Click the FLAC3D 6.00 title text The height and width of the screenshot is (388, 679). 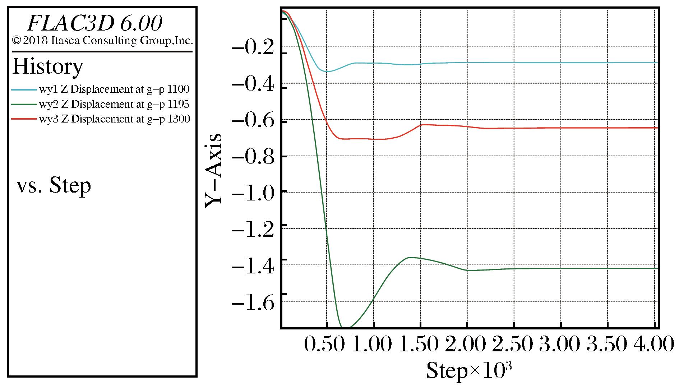click(x=95, y=24)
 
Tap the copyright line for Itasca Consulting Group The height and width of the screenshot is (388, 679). click(x=102, y=41)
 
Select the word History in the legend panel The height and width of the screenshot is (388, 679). click(x=48, y=66)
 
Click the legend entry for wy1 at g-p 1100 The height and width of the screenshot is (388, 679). click(x=100, y=89)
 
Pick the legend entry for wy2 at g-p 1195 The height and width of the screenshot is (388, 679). click(x=100, y=104)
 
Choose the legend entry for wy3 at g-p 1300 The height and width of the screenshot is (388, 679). click(x=100, y=119)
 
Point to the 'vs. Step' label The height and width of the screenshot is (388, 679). click(x=54, y=186)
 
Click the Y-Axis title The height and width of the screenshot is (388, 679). click(x=213, y=170)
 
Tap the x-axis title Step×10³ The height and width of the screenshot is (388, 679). click(x=469, y=370)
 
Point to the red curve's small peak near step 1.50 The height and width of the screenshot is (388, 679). click(x=422, y=124)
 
